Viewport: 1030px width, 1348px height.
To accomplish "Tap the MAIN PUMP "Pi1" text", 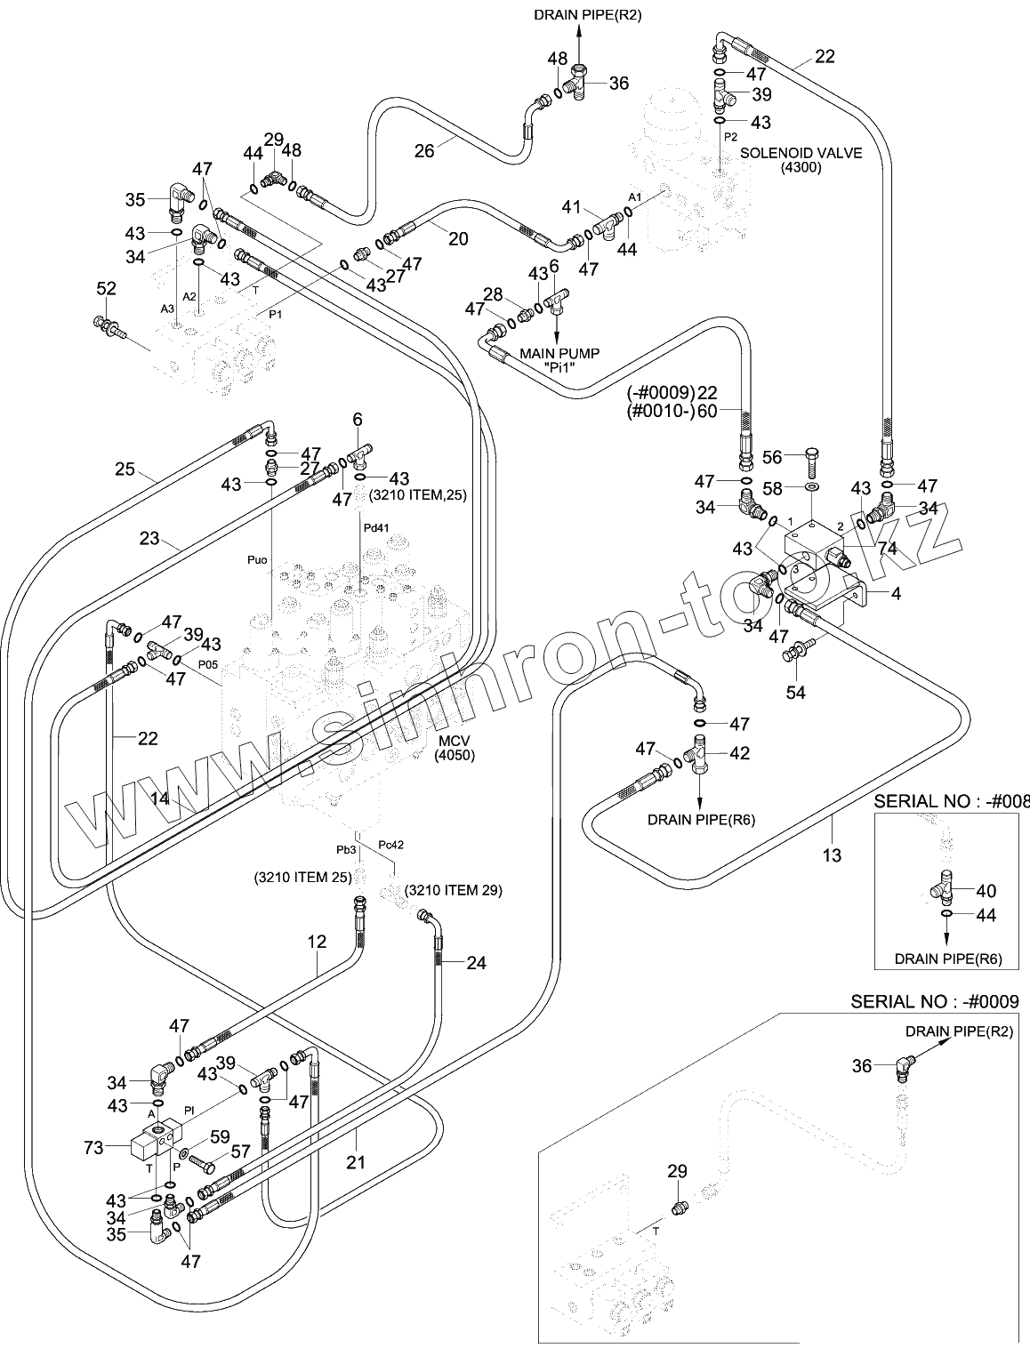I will click(559, 360).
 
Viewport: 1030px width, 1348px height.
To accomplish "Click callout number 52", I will click(106, 289).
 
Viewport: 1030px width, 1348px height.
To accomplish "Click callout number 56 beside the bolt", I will click(772, 457).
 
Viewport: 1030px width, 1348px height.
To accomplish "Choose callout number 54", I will click(795, 691).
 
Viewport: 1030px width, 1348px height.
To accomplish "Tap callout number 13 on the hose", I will click(832, 855).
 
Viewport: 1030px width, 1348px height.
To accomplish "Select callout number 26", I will click(423, 150).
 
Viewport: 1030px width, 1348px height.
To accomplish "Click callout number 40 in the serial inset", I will click(986, 891).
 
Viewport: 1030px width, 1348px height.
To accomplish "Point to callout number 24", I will click(476, 962).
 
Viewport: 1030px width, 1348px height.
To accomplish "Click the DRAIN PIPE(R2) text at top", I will click(575, 14).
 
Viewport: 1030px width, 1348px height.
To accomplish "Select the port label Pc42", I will click(391, 845).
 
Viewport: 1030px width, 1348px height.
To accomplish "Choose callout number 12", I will click(317, 941).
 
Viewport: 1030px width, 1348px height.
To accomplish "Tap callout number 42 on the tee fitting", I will click(739, 753).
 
